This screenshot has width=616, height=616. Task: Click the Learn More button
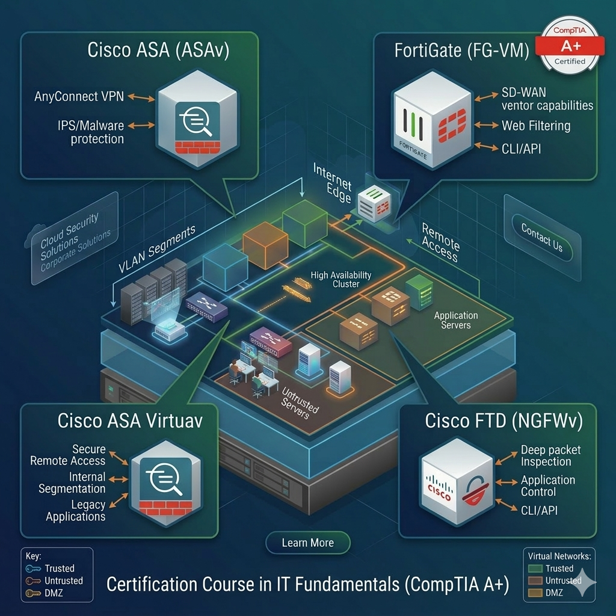[x=307, y=543]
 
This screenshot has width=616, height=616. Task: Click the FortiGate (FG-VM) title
[x=462, y=51]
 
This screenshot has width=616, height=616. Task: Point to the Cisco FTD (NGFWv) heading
[x=504, y=421]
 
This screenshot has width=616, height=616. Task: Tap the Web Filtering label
[x=536, y=126]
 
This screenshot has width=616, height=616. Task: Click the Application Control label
[x=547, y=486]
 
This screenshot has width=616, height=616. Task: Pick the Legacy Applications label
[x=76, y=511]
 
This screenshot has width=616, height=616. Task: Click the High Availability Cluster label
[x=341, y=280]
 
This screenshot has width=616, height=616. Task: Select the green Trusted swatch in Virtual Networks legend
[x=535, y=568]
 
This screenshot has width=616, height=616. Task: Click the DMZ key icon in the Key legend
[x=33, y=594]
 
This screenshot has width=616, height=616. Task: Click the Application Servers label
[x=456, y=320]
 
